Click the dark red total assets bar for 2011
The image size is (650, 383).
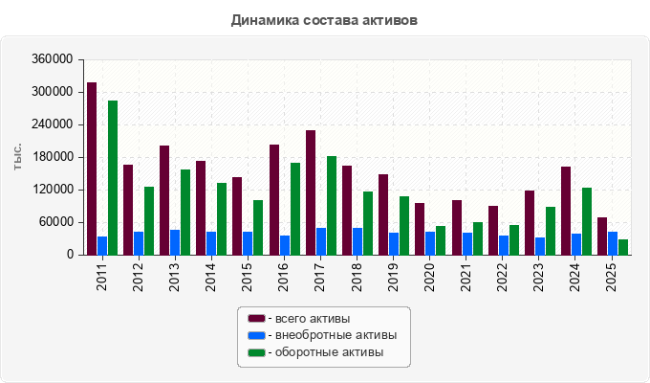click(x=92, y=169)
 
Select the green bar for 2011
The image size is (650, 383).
click(x=113, y=178)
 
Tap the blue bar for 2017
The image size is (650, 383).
click(x=321, y=241)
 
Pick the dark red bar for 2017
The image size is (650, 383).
click(x=311, y=192)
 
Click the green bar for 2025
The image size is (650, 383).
click(x=623, y=247)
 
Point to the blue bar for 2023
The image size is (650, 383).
click(x=540, y=246)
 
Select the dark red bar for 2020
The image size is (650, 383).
click(x=420, y=229)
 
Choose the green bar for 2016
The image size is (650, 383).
click(x=295, y=209)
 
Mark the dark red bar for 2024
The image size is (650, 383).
click(x=566, y=211)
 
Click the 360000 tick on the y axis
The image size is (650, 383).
click(x=53, y=59)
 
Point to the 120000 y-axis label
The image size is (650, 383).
click(x=53, y=190)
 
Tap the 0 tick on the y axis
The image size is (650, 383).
click(x=70, y=255)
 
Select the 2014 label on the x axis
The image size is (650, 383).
click(x=210, y=278)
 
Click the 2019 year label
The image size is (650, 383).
click(x=393, y=278)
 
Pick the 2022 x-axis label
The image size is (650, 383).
click(x=502, y=278)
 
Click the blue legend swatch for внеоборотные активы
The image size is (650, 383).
click(x=256, y=335)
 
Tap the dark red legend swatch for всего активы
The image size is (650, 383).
click(x=256, y=319)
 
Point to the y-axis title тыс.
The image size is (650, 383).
click(x=17, y=157)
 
